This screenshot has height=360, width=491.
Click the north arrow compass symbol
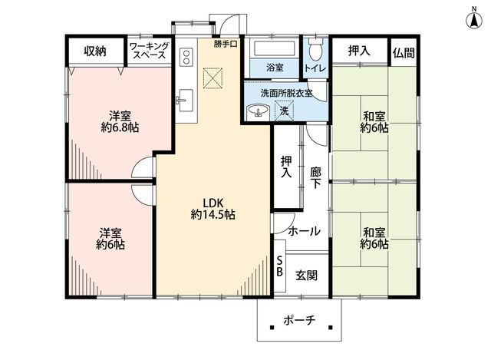click(474, 18)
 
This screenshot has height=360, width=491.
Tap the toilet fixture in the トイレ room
click(315, 49)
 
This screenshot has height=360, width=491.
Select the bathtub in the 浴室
click(275, 49)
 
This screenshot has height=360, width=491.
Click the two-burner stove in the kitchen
click(186, 57)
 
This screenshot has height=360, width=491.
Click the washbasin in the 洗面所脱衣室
click(258, 111)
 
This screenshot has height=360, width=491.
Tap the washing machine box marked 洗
click(284, 111)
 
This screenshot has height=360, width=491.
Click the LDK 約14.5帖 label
click(213, 209)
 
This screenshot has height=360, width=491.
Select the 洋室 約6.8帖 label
click(120, 122)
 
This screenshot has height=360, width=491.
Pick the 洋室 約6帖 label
click(110, 239)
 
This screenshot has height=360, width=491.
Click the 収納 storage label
click(95, 51)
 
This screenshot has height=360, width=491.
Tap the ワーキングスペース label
click(150, 51)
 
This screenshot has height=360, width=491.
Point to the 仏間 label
click(404, 53)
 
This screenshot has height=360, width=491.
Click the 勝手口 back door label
click(226, 44)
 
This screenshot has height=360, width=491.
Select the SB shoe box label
click(279, 266)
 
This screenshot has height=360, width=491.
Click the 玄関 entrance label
click(307, 276)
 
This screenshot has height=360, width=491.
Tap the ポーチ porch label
click(299, 321)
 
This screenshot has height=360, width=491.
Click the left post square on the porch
click(272, 328)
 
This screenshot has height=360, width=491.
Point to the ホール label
click(304, 231)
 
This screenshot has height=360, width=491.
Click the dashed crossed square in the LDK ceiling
click(213, 78)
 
